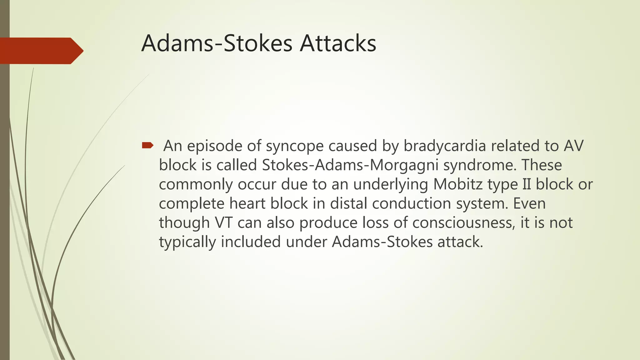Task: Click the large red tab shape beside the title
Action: coord(41,51)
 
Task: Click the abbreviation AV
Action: coord(574,146)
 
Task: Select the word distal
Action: coord(349,203)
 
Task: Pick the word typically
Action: coord(187,242)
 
